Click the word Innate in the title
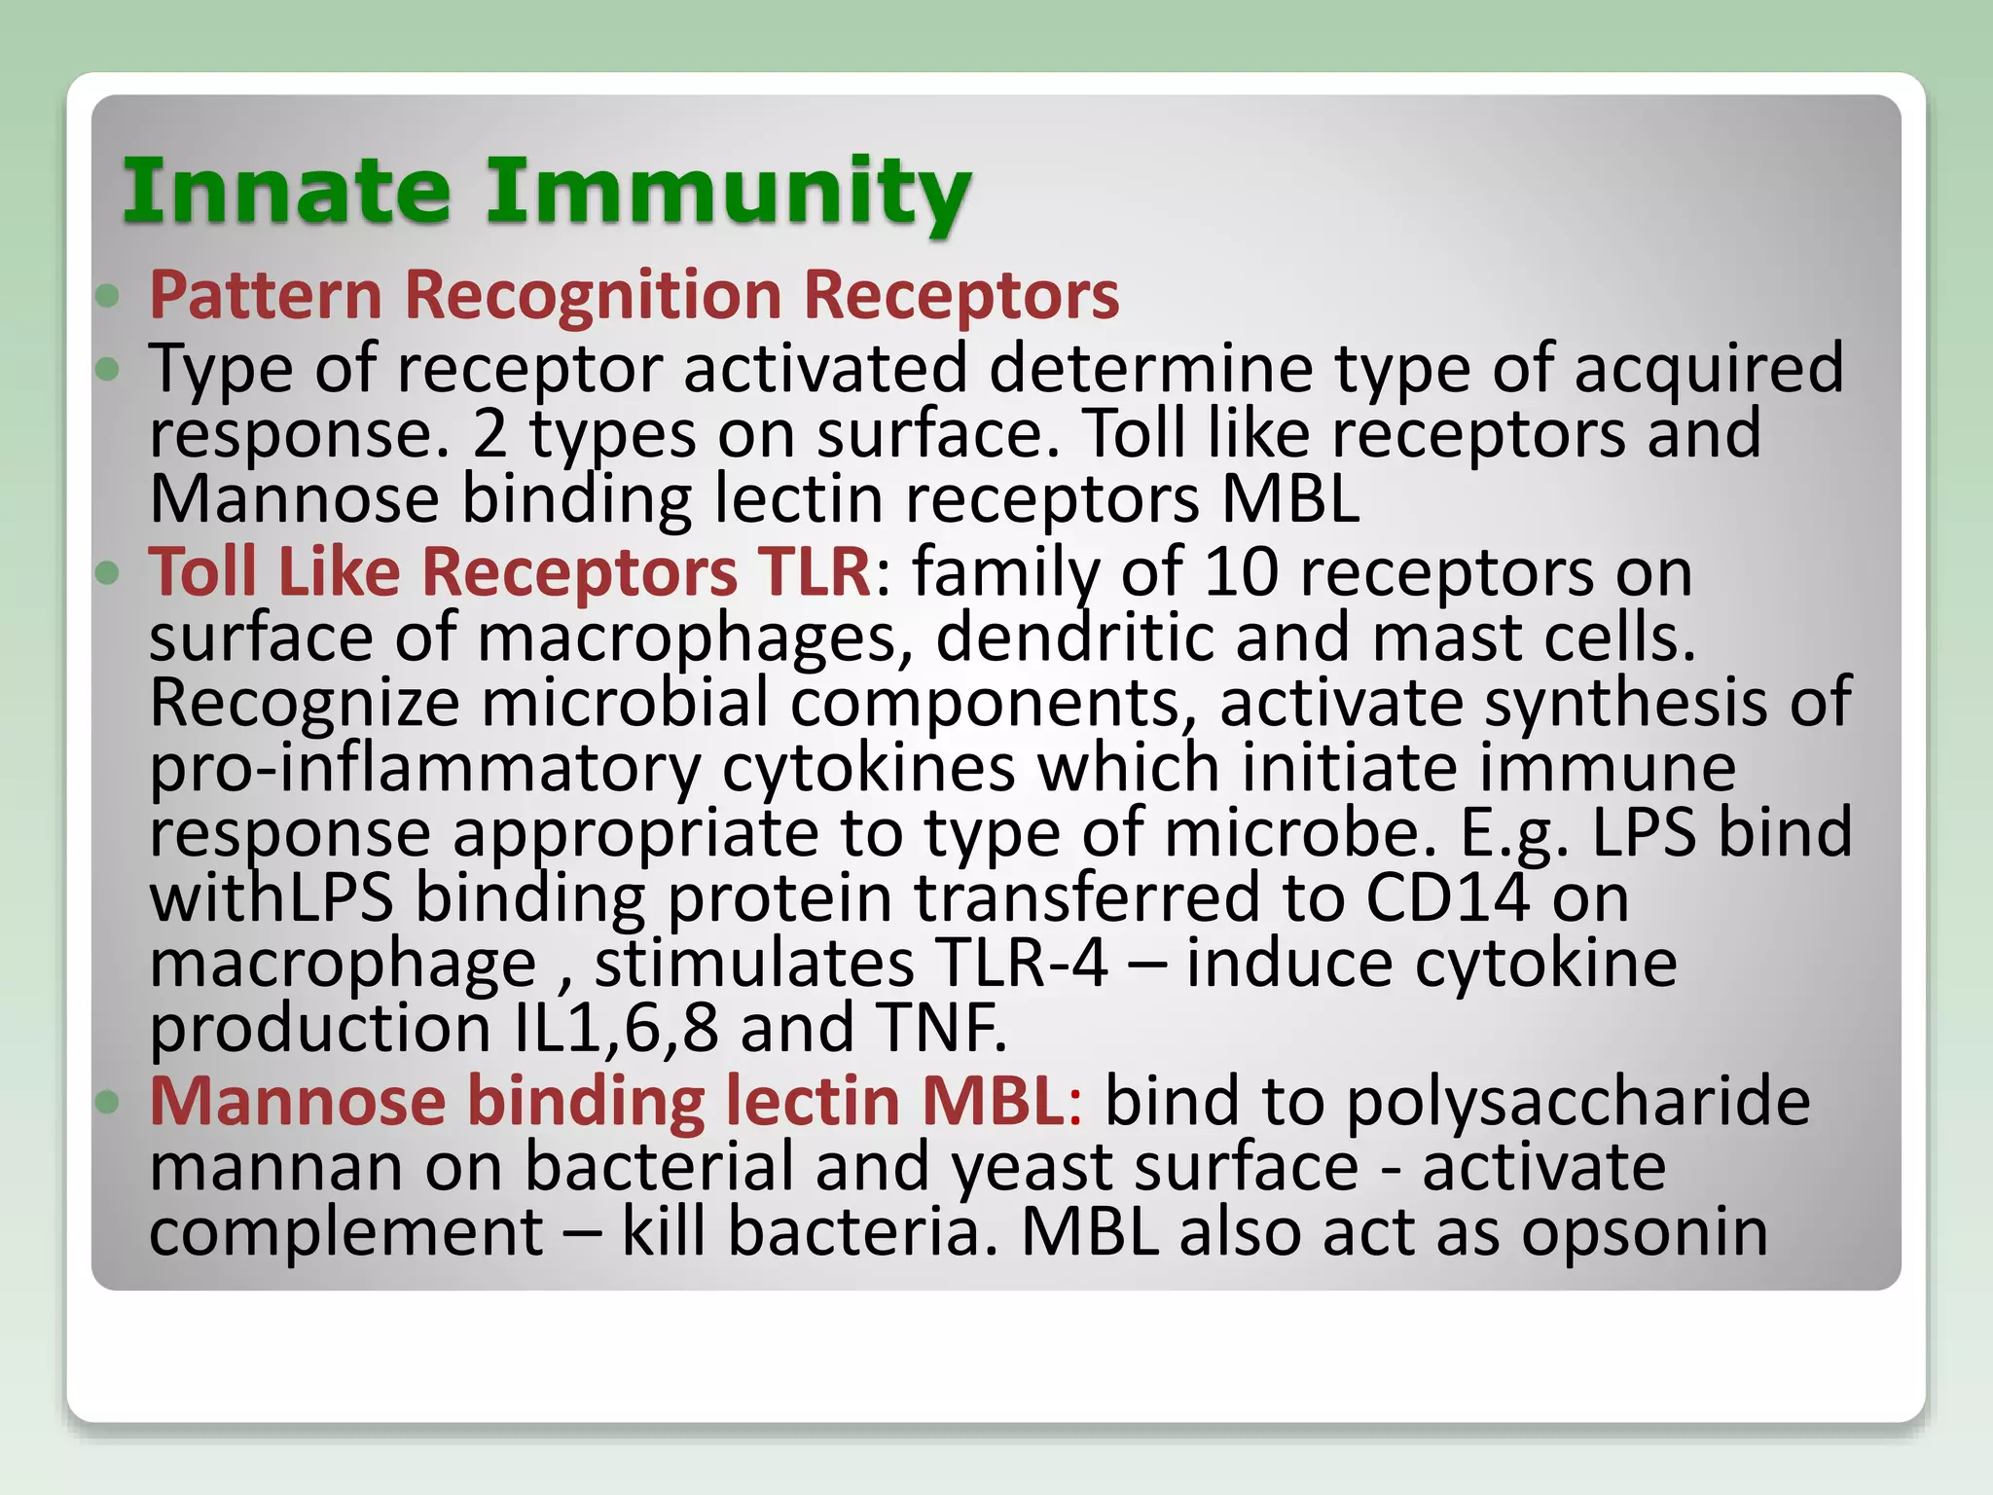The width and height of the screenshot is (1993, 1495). (x=287, y=190)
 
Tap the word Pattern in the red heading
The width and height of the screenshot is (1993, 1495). (x=265, y=295)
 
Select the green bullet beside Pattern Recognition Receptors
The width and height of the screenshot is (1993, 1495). (x=108, y=295)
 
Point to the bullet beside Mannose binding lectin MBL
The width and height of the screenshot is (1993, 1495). (x=108, y=1102)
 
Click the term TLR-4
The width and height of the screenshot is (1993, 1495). (x=1020, y=964)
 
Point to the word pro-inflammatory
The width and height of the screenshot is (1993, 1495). (x=425, y=769)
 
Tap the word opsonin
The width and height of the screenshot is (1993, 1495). (x=1644, y=1233)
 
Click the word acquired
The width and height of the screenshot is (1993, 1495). (x=1708, y=370)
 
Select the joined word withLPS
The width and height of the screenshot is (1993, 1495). (x=272, y=897)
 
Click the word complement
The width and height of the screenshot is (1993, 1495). (x=346, y=1233)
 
